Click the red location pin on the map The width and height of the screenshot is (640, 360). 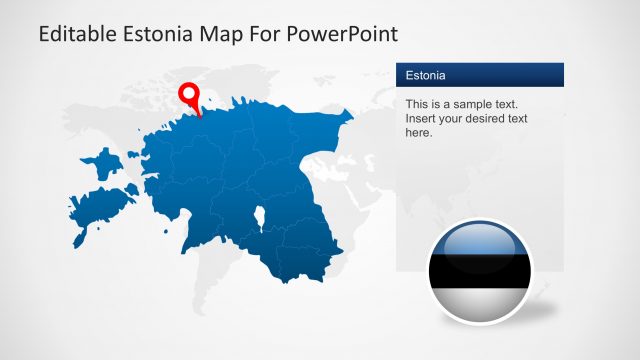(189, 96)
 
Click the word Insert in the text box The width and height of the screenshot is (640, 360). (421, 118)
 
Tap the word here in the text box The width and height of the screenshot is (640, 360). (419, 132)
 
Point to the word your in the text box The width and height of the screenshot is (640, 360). (443, 118)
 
